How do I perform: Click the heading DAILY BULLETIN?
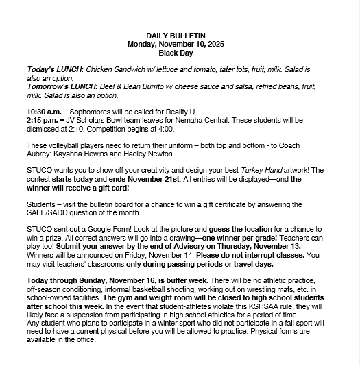click(176, 35)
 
